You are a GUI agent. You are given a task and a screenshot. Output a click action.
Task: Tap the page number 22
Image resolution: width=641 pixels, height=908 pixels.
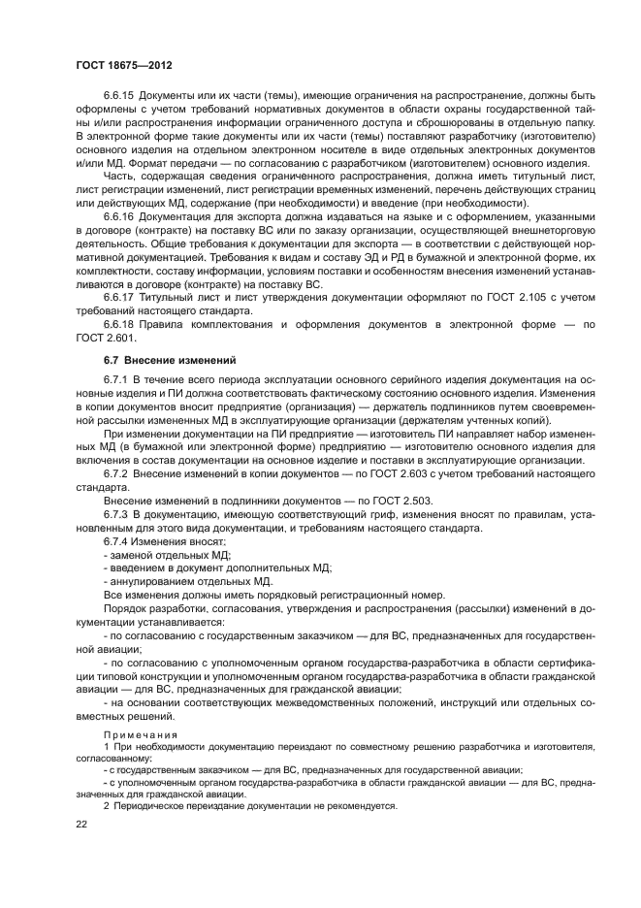point(81,824)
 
